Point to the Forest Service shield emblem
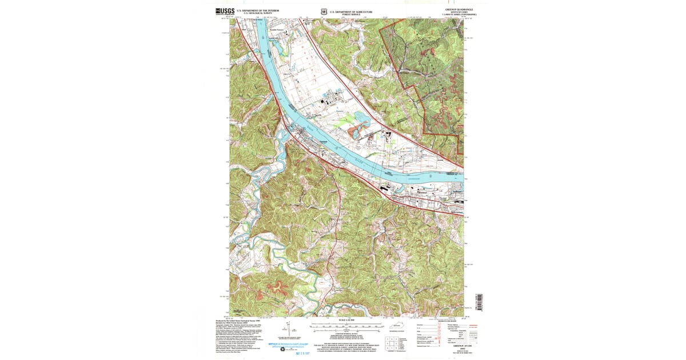[x=324, y=11]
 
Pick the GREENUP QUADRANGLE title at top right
[x=456, y=10]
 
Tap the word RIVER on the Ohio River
[x=357, y=159]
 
